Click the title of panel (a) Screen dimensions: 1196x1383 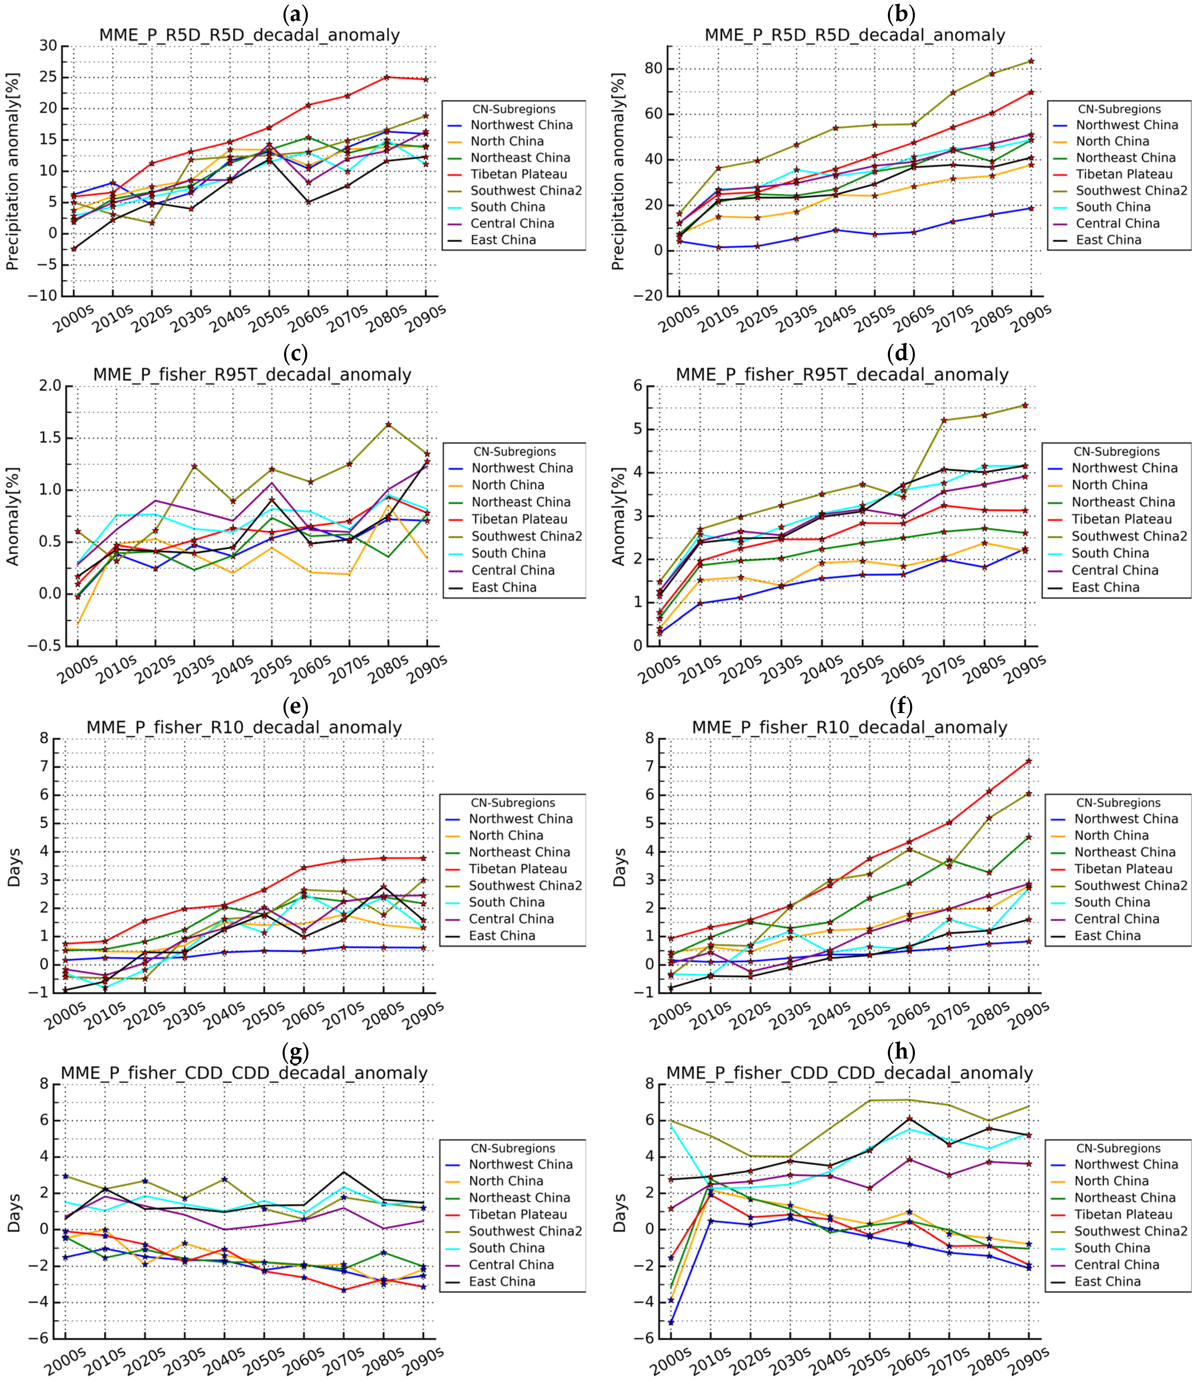(x=250, y=35)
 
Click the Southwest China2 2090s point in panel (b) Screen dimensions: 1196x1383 (x=1031, y=61)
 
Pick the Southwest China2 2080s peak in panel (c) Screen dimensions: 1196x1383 (x=389, y=424)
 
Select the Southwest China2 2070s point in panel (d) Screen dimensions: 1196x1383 (x=944, y=420)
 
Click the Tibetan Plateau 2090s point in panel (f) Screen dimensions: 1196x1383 (x=1029, y=761)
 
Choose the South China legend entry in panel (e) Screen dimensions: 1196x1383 (x=506, y=902)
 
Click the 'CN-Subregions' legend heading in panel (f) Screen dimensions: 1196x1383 (x=1118, y=803)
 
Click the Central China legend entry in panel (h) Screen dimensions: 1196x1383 (x=1116, y=1265)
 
